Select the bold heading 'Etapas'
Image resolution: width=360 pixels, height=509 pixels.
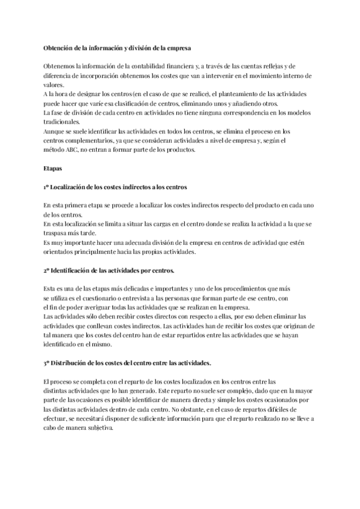click(54, 169)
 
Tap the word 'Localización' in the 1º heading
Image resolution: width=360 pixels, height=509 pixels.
click(75, 188)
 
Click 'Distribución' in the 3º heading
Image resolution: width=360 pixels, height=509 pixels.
click(76, 364)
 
